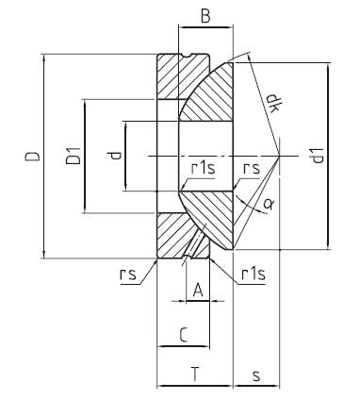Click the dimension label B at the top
205,16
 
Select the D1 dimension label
73,156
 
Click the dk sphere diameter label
272,103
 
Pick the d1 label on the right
318,156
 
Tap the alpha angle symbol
268,205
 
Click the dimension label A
198,290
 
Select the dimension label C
184,335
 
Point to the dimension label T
195,374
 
